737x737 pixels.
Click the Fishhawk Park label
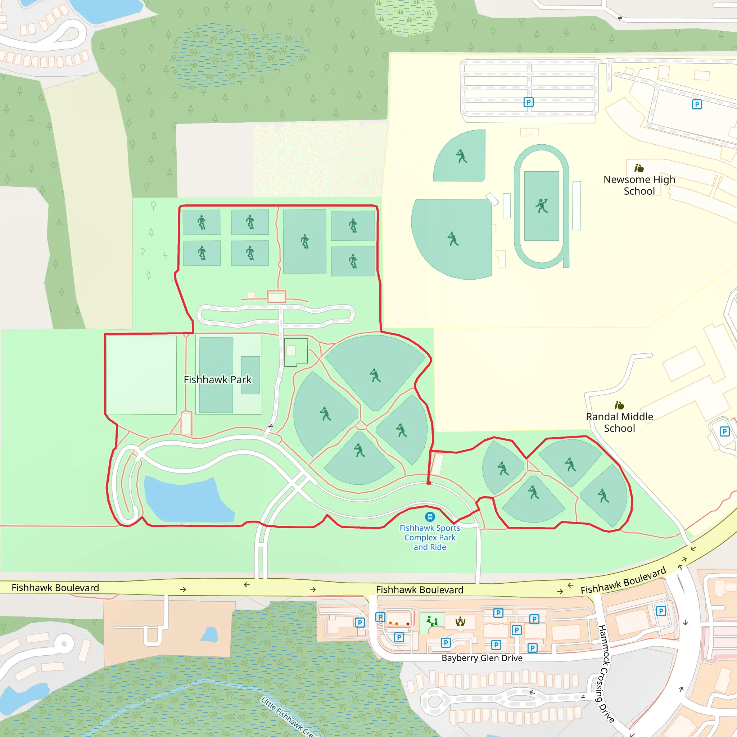[217, 380]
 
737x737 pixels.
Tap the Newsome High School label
[639, 185]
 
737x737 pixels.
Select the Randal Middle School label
[620, 422]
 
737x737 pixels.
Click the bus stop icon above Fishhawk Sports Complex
[430, 516]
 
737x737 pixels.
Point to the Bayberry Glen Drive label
[482, 658]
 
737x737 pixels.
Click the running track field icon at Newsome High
[541, 205]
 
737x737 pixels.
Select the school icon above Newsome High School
[639, 168]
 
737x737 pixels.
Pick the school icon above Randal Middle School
[619, 405]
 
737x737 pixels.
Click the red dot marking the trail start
[429, 483]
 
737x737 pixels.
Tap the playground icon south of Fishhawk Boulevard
[432, 621]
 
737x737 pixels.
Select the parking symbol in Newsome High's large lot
[528, 102]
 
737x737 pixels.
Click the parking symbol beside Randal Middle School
[724, 431]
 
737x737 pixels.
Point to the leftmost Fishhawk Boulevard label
[55, 588]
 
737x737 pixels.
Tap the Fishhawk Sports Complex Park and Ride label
[430, 538]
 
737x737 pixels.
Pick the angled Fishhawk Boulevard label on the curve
[623, 580]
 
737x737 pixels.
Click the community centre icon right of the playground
[460, 622]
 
